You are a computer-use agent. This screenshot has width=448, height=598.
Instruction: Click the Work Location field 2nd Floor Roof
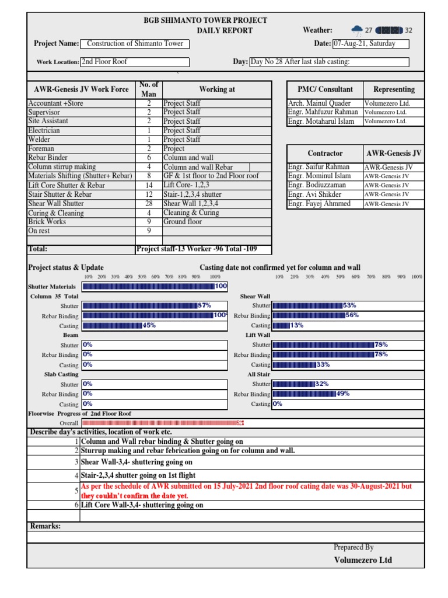[134, 62]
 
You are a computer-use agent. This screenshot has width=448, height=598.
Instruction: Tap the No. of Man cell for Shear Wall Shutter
[149, 204]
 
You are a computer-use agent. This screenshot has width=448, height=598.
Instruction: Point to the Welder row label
[39, 140]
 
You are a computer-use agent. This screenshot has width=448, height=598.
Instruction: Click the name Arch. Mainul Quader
[320, 103]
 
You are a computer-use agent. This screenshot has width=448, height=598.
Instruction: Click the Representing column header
[394, 89]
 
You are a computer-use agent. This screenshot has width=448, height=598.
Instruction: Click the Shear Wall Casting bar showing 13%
[281, 325]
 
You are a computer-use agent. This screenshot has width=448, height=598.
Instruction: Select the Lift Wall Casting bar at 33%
[294, 364]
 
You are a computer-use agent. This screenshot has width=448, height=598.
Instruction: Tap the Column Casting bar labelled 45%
[112, 325]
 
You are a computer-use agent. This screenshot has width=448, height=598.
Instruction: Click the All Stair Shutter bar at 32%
[293, 384]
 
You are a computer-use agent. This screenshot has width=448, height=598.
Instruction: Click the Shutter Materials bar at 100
[149, 286]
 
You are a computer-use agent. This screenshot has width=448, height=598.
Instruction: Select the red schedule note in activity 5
[246, 491]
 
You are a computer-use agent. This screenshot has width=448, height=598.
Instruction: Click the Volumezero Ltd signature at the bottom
[363, 560]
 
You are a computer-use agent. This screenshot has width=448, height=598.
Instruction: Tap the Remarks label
[45, 526]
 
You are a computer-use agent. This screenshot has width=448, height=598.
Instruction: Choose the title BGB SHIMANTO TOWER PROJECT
[205, 20]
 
